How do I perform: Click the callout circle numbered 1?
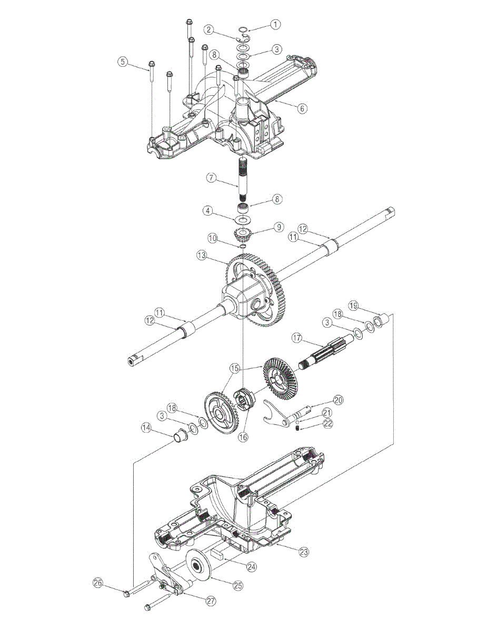pos(275,24)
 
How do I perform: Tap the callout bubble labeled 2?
pos(210,29)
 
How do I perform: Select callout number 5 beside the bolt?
pos(123,62)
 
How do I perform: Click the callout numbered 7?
pos(212,177)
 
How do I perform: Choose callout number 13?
pos(202,256)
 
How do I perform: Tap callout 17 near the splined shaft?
pos(298,338)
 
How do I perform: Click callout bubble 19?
pos(354,306)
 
